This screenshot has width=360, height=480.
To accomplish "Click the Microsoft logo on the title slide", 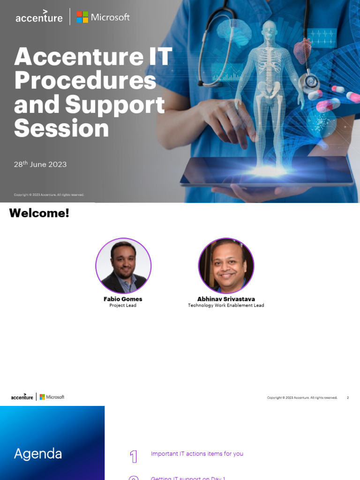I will (103, 17).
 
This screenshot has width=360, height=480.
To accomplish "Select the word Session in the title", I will (61, 128).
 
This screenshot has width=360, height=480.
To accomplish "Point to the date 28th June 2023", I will (40, 164).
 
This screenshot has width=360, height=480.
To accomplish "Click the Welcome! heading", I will (39, 213).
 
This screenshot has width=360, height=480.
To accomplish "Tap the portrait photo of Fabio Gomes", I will (123, 266).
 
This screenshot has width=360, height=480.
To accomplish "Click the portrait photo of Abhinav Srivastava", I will (226, 266).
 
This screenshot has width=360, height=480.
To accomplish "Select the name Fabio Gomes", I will (123, 299).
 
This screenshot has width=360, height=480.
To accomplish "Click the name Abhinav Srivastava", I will (226, 299).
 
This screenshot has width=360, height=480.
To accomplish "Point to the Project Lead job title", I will (123, 306).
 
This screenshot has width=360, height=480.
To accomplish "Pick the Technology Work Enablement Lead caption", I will (226, 306).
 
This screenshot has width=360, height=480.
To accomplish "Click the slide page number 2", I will (348, 397).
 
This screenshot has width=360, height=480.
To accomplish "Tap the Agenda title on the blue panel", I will (38, 454).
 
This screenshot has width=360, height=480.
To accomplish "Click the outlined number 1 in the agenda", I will (134, 457).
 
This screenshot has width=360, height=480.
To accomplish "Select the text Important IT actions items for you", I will (197, 454).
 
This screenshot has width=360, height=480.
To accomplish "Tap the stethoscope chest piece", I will (310, 82).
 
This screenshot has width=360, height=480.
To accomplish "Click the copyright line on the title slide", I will (49, 195).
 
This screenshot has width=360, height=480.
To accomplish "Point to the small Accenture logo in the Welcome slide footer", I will (22, 397).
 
